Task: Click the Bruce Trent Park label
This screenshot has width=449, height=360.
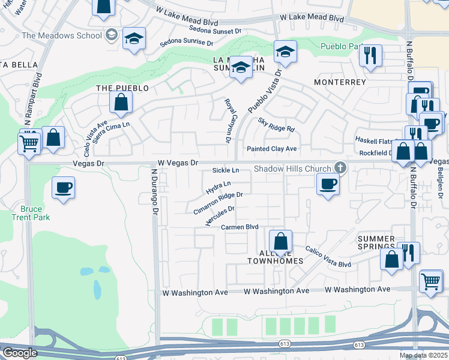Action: [31, 213]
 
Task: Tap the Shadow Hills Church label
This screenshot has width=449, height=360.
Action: [292, 169]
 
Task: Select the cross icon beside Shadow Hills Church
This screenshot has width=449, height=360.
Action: [340, 167]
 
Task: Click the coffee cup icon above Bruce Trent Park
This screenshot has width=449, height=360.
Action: [63, 188]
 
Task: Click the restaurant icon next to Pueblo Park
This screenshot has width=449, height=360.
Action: [370, 56]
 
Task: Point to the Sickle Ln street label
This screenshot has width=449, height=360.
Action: [226, 171]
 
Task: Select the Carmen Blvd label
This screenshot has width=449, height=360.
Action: [240, 227]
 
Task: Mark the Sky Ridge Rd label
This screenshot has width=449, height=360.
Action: [277, 125]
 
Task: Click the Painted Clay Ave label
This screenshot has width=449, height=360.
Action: [272, 148]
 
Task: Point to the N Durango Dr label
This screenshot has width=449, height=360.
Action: [154, 192]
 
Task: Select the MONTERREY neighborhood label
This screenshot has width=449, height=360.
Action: [340, 82]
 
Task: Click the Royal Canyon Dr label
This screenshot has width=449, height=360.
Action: [228, 121]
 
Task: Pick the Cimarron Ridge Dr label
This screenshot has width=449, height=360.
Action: [218, 203]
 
